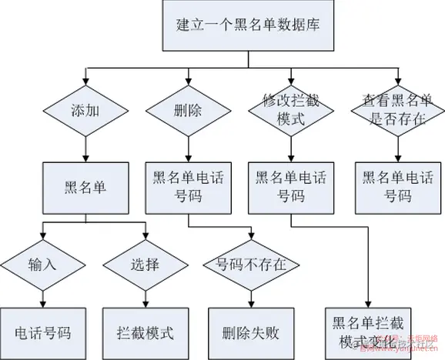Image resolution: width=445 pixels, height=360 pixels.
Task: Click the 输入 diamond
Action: tap(42, 265)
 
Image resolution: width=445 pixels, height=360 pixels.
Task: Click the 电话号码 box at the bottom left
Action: tap(43, 333)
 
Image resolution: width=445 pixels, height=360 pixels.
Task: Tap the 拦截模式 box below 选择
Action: tap(145, 333)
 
